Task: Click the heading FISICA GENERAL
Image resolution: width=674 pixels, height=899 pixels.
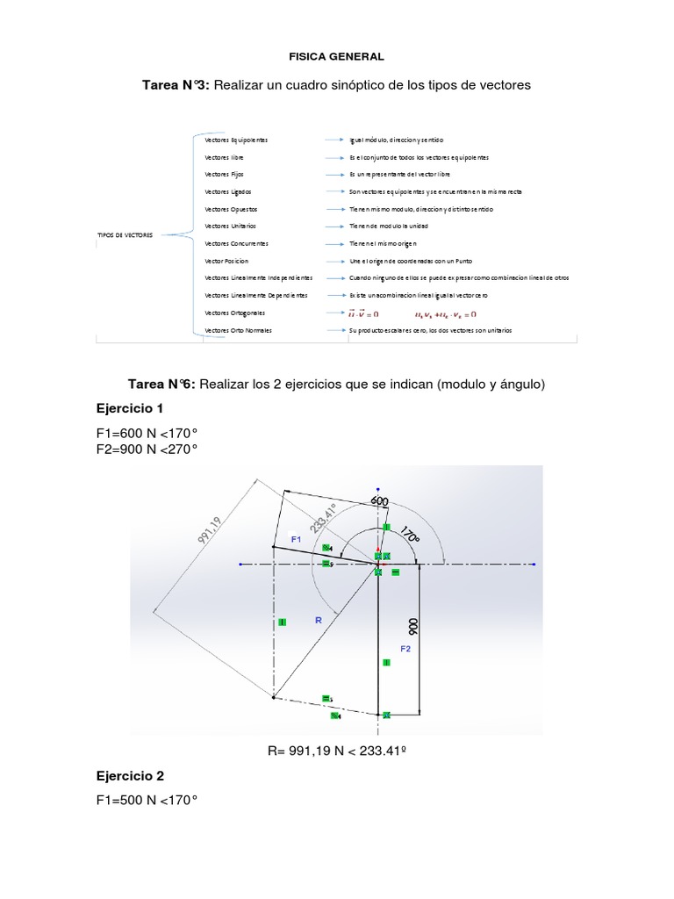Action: [x=336, y=56]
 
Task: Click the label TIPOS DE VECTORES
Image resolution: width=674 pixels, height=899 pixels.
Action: [x=124, y=236]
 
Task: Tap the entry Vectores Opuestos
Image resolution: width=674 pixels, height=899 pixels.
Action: [x=231, y=209]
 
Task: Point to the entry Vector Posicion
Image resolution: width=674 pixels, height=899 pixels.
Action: [x=226, y=261]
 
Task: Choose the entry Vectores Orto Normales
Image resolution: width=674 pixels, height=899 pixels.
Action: [x=238, y=330]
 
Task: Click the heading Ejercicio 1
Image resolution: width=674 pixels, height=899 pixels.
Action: [x=128, y=409]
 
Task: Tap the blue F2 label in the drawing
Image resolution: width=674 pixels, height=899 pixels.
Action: [x=405, y=649]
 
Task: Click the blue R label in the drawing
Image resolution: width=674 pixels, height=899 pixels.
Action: [x=319, y=620]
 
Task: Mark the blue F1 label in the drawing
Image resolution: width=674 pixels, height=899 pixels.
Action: [x=296, y=538]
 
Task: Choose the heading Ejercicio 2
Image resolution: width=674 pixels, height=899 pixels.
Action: [x=128, y=776]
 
